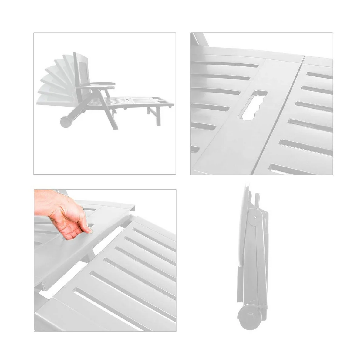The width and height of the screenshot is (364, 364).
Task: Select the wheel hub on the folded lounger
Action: click(x=249, y=316)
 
